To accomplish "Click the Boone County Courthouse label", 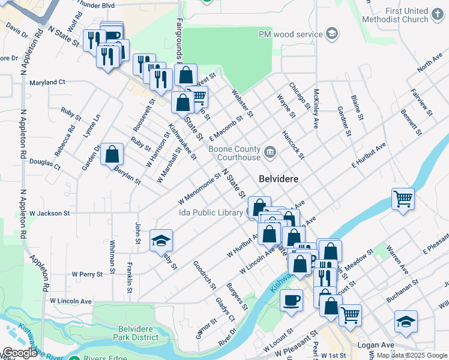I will coord(234,153).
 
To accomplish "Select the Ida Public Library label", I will coord(210,212).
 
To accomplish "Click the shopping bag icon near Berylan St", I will coord(112,154).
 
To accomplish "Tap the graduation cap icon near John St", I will coord(161,241).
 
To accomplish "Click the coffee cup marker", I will coord(292,300).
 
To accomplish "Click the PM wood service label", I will coord(291,34).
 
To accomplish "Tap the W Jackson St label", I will coord(50,213).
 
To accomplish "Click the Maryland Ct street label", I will coord(47,82).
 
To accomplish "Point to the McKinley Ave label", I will coord(316,109).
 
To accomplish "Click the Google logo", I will coord(20,353).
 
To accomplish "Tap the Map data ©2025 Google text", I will coord(411,355).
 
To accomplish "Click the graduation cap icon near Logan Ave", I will coord(406,322).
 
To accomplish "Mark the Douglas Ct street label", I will coord(45,162).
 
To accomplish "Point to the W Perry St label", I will coord(87,274).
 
